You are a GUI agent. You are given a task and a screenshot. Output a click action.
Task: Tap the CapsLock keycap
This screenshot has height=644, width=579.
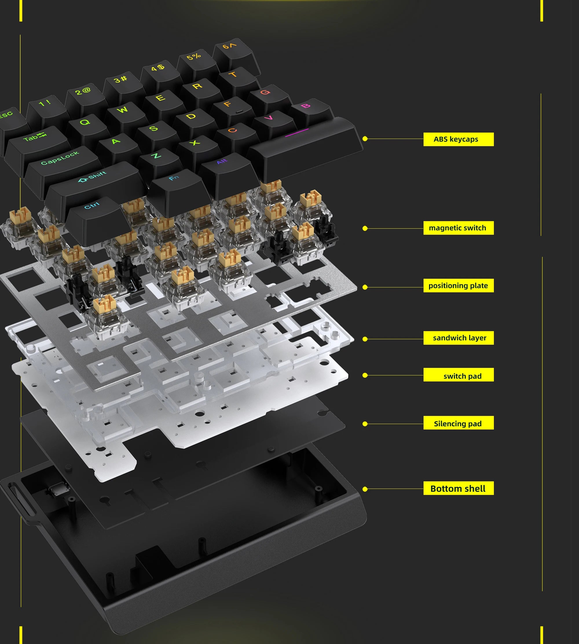(61, 159)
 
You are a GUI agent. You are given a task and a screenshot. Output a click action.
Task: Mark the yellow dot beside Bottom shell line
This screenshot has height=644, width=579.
(365, 489)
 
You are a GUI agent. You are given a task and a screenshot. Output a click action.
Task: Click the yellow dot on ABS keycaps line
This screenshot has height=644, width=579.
(365, 139)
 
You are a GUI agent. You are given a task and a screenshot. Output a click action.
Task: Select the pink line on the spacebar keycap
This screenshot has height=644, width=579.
(297, 132)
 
